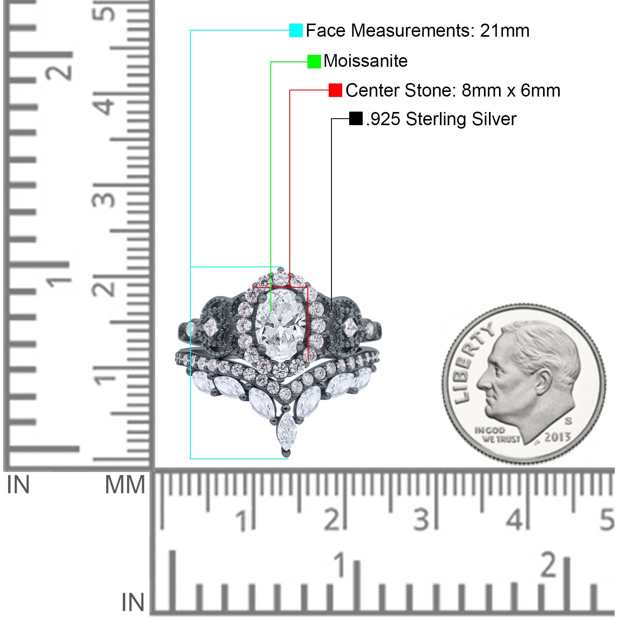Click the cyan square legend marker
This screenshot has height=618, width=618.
(x=296, y=30)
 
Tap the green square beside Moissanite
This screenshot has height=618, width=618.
(x=314, y=61)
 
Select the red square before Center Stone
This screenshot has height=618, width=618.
(x=335, y=90)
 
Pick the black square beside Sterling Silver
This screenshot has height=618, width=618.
(x=356, y=119)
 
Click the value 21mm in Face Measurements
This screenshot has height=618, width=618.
(x=504, y=31)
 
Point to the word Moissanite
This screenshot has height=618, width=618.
(x=365, y=61)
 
